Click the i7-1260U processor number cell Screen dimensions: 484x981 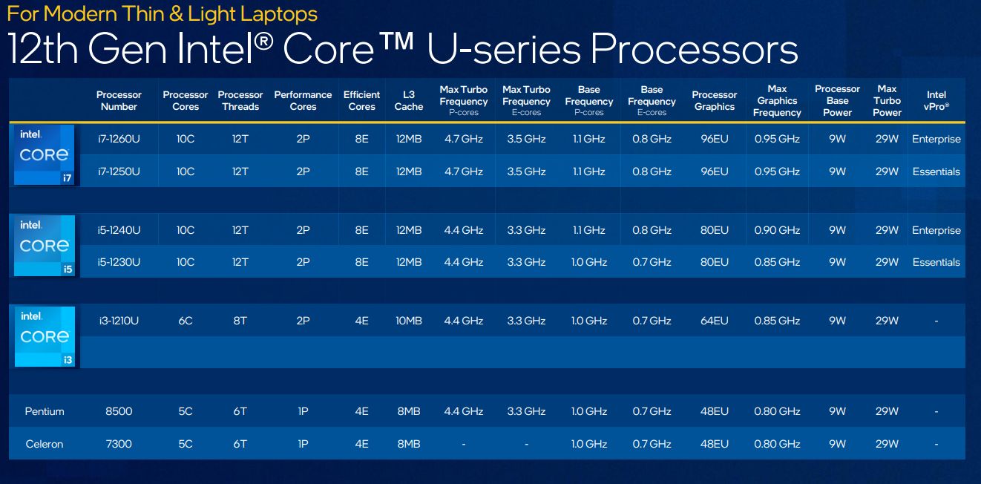tap(119, 140)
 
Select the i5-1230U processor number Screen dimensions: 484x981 tap(119, 262)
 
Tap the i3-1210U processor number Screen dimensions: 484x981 tap(119, 321)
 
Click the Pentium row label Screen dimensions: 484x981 tap(45, 411)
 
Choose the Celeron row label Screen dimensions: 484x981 tap(45, 444)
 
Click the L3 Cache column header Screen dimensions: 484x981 tap(408, 101)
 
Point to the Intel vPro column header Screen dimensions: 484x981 tap(936, 101)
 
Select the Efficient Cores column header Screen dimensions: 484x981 tap(361, 101)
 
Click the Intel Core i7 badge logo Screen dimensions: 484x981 tap(45, 154)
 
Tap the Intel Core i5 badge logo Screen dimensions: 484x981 tap(45, 246)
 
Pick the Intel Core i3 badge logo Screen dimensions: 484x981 tap(45, 336)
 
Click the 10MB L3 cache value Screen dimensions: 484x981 tap(408, 321)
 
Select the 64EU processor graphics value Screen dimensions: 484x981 tap(715, 321)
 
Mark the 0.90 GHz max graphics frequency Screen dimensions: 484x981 tap(777, 230)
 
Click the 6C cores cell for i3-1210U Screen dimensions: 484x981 tap(186, 321)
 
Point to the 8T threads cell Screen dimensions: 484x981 tap(240, 321)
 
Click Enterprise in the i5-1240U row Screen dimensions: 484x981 tap(936, 230)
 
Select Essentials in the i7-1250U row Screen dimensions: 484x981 tap(936, 171)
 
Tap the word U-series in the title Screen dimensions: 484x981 tap(502, 50)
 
